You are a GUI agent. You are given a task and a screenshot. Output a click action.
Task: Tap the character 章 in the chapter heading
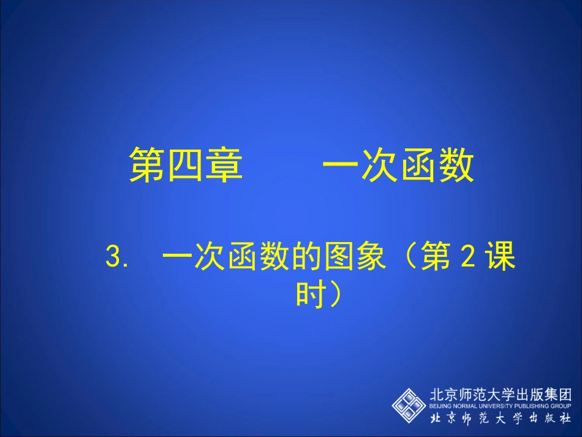click(x=224, y=165)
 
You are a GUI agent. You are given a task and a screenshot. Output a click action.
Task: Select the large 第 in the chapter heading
click(x=148, y=165)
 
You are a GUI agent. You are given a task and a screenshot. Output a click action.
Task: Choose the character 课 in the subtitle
click(x=501, y=257)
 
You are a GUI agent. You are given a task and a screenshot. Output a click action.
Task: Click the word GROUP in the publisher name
click(x=562, y=406)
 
